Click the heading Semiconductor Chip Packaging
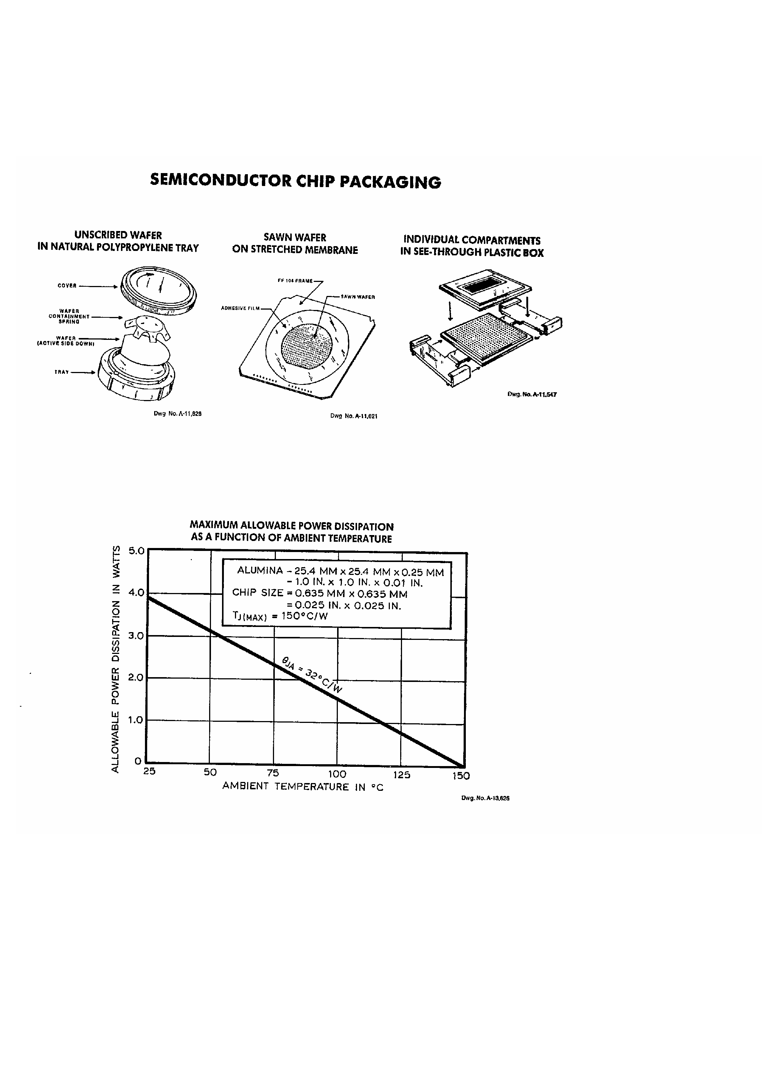point(295,182)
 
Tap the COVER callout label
point(67,286)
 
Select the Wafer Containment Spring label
point(69,316)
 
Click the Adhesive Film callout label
point(240,308)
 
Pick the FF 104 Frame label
point(295,281)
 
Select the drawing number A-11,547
point(532,395)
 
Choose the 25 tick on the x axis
point(149,771)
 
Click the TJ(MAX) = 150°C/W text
point(280,616)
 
